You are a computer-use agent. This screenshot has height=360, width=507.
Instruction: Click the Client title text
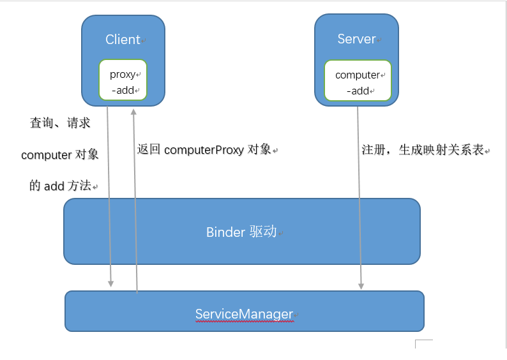pos(123,40)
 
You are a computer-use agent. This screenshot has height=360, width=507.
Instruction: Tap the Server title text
pos(356,40)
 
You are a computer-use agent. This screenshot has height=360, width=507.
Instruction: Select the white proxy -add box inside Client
pos(123,80)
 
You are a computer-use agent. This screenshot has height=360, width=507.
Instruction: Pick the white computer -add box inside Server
pos(357,81)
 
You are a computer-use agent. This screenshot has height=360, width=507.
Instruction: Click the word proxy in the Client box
pos(123,74)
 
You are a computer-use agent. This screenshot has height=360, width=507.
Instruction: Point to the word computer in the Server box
pos(357,75)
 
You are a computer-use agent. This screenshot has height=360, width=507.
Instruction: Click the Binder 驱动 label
pos(241,232)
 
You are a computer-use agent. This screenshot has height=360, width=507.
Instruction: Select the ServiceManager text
pos(244,314)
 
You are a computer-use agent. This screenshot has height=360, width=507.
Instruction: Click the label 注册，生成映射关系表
pos(423,151)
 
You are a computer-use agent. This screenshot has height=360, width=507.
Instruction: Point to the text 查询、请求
pos(60,123)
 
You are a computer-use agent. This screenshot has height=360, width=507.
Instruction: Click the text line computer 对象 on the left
pos(60,155)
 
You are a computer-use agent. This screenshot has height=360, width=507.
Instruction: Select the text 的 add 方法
pos(61,186)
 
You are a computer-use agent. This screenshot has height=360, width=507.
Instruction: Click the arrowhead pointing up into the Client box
pos(133,111)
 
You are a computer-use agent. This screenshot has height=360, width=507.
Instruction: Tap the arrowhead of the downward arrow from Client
pos(111,282)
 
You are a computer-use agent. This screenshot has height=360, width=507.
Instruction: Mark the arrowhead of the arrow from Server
pos(361,285)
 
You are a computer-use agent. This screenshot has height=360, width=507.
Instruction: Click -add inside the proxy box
pos(123,90)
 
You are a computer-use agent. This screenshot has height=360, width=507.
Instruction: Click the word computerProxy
pos(204,150)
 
